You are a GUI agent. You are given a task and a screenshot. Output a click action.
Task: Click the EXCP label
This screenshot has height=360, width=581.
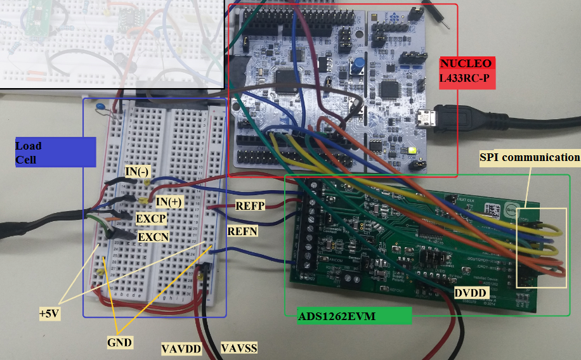(151, 219)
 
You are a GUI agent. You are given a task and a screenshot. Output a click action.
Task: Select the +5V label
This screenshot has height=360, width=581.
(49, 312)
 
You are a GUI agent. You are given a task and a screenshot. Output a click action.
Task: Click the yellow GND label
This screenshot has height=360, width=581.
(119, 342)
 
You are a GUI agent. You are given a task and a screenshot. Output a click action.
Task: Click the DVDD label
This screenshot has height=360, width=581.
(470, 293)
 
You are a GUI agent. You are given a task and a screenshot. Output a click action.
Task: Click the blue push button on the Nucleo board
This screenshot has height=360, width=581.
(359, 65)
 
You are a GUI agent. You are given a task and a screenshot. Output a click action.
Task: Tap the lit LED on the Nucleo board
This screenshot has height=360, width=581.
(413, 150)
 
